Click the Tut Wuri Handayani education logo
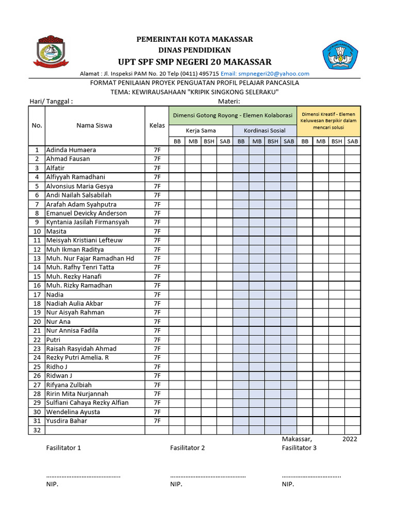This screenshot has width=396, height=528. click(x=340, y=55)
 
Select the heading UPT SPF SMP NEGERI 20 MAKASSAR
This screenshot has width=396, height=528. click(x=194, y=62)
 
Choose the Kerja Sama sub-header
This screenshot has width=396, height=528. click(x=201, y=131)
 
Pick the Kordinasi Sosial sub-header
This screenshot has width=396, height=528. click(x=265, y=131)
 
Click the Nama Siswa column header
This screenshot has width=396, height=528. click(x=94, y=125)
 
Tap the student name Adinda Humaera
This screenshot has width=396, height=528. click(x=71, y=150)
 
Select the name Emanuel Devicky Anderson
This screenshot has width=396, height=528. click(x=86, y=213)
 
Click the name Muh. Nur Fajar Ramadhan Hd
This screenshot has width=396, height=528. click(x=90, y=258)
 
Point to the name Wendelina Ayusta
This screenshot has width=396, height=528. click(x=73, y=412)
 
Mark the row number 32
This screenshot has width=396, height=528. click(x=37, y=430)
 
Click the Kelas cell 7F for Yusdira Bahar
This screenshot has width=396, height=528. click(x=157, y=421)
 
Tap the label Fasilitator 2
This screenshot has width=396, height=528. click(x=187, y=448)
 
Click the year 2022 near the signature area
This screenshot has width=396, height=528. click(x=349, y=439)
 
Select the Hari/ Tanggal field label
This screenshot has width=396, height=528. click(x=51, y=101)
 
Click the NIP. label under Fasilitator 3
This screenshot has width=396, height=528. click(x=288, y=485)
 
